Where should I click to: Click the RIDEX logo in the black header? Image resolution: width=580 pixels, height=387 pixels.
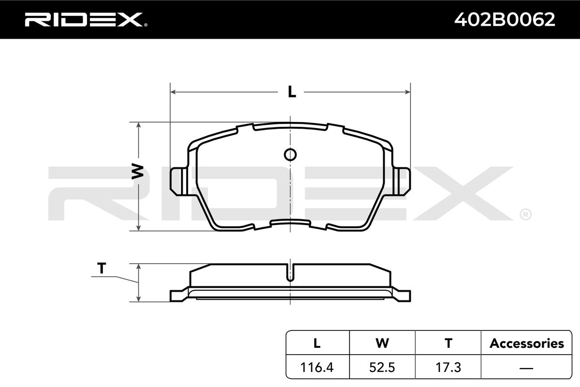[86, 20]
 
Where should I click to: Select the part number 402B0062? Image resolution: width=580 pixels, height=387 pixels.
[505, 20]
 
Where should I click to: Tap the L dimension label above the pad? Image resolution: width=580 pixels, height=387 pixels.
[292, 92]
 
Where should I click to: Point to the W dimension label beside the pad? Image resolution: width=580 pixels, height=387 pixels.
[137, 171]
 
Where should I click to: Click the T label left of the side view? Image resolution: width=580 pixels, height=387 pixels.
[101, 268]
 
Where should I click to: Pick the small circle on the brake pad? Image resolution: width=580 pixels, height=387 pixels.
[290, 155]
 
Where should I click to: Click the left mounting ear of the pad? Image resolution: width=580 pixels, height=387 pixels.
[179, 181]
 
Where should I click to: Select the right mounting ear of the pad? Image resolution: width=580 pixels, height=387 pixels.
[402, 181]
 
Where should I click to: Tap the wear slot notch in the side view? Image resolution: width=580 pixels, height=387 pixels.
[290, 273]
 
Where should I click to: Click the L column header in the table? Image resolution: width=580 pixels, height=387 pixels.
[317, 343]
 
